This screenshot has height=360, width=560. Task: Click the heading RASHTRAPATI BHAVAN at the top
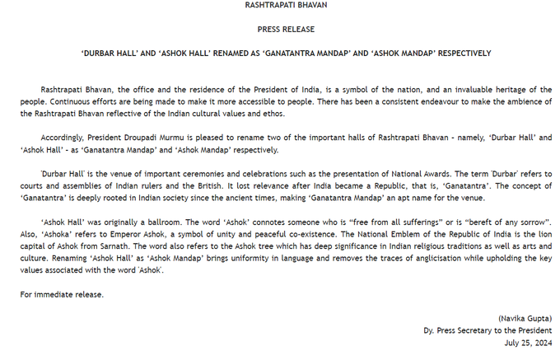point(280,6)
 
